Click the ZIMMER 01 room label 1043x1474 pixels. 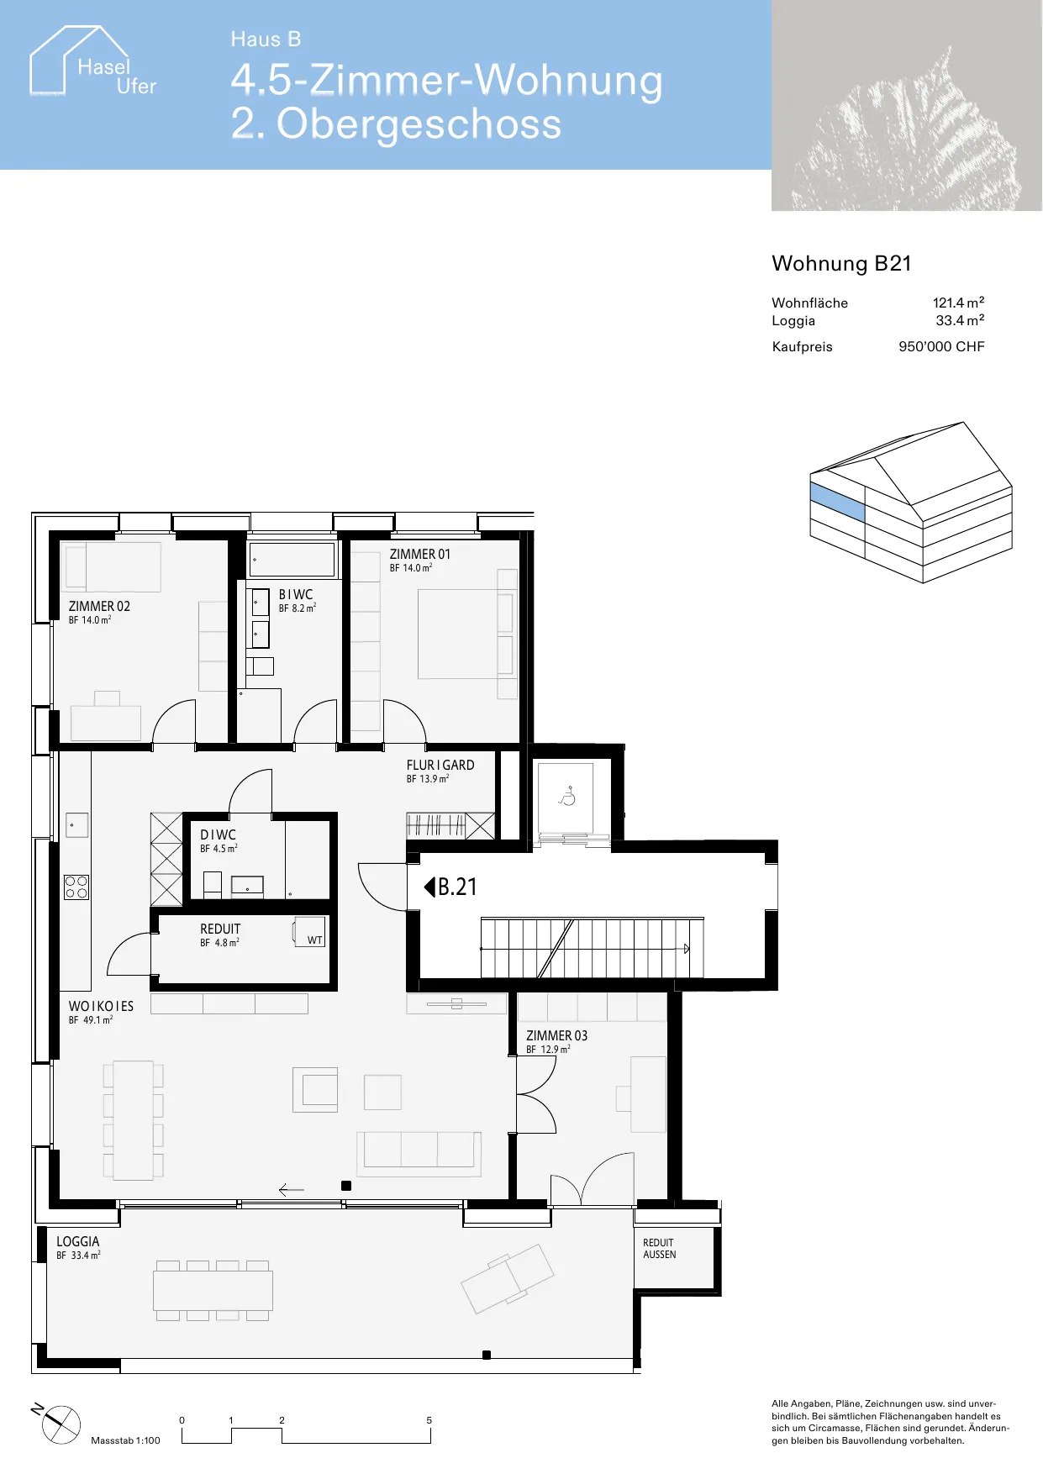[419, 555]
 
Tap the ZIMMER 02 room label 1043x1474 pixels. [99, 607]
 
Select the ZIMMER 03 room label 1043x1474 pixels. [556, 1036]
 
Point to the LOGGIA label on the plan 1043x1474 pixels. [78, 1242]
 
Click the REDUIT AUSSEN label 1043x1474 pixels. [660, 1249]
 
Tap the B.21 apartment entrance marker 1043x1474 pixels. [450, 887]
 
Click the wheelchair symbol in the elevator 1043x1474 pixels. [567, 795]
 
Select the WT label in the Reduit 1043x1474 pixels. [314, 940]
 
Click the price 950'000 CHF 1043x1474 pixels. [941, 346]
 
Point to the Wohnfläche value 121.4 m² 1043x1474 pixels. [958, 303]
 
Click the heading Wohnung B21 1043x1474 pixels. [841, 264]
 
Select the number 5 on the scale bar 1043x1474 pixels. [429, 1420]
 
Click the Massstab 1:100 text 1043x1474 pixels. [125, 1440]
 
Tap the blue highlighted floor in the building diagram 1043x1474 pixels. [837, 502]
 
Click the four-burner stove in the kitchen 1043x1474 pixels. [76, 887]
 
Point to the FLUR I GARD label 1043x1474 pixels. [440, 766]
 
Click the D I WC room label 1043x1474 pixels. [218, 835]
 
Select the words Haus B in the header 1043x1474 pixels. [266, 39]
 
